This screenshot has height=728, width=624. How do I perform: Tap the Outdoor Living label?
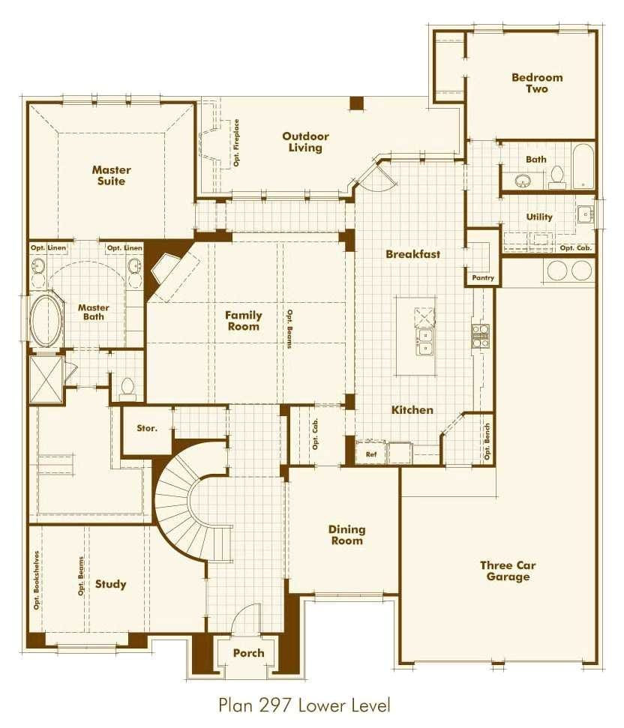tap(305, 142)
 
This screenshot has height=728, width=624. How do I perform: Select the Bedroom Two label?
tap(536, 82)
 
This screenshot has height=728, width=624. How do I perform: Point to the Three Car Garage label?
tap(508, 571)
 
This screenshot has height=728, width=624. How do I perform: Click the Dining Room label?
tap(346, 535)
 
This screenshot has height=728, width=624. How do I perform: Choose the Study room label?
tap(110, 584)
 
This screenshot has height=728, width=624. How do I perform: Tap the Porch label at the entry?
tap(248, 652)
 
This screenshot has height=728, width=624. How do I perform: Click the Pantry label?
tap(483, 278)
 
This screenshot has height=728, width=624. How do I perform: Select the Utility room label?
tap(539, 217)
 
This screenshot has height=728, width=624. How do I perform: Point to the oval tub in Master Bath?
tap(46, 321)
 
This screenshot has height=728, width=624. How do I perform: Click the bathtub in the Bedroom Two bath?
tap(583, 166)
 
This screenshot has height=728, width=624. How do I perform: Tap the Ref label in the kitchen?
tap(371, 454)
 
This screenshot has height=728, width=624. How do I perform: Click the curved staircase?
tap(184, 510)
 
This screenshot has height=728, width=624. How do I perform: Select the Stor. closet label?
tap(147, 428)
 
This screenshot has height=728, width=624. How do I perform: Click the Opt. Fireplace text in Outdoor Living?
tap(236, 142)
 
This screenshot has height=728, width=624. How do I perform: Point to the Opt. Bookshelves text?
tap(35, 580)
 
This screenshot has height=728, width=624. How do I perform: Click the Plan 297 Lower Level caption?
tap(304, 705)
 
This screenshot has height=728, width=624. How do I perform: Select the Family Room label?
tap(244, 321)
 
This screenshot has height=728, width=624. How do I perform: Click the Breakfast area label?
tap(412, 254)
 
